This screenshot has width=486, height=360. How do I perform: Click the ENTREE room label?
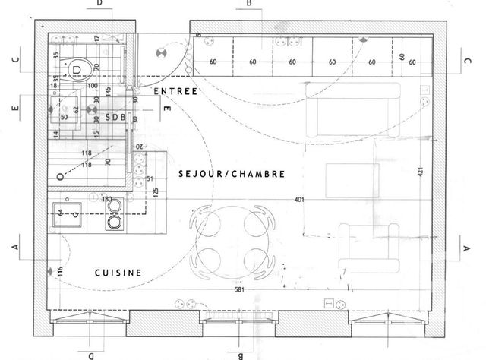[x=175, y=92]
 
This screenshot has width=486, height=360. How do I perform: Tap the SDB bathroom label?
[x=116, y=117]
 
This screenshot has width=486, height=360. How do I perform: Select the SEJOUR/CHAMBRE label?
[x=232, y=174]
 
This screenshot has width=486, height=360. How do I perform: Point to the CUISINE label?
[x=118, y=272]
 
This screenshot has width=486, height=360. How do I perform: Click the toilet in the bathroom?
[x=79, y=71]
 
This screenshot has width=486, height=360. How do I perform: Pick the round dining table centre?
[x=233, y=240]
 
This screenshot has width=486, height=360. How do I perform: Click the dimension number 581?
[x=240, y=290]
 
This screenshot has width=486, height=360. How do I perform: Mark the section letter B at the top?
[x=248, y=4]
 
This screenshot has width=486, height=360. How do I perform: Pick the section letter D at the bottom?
[x=90, y=355]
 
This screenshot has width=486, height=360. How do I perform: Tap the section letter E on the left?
[x=14, y=109]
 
